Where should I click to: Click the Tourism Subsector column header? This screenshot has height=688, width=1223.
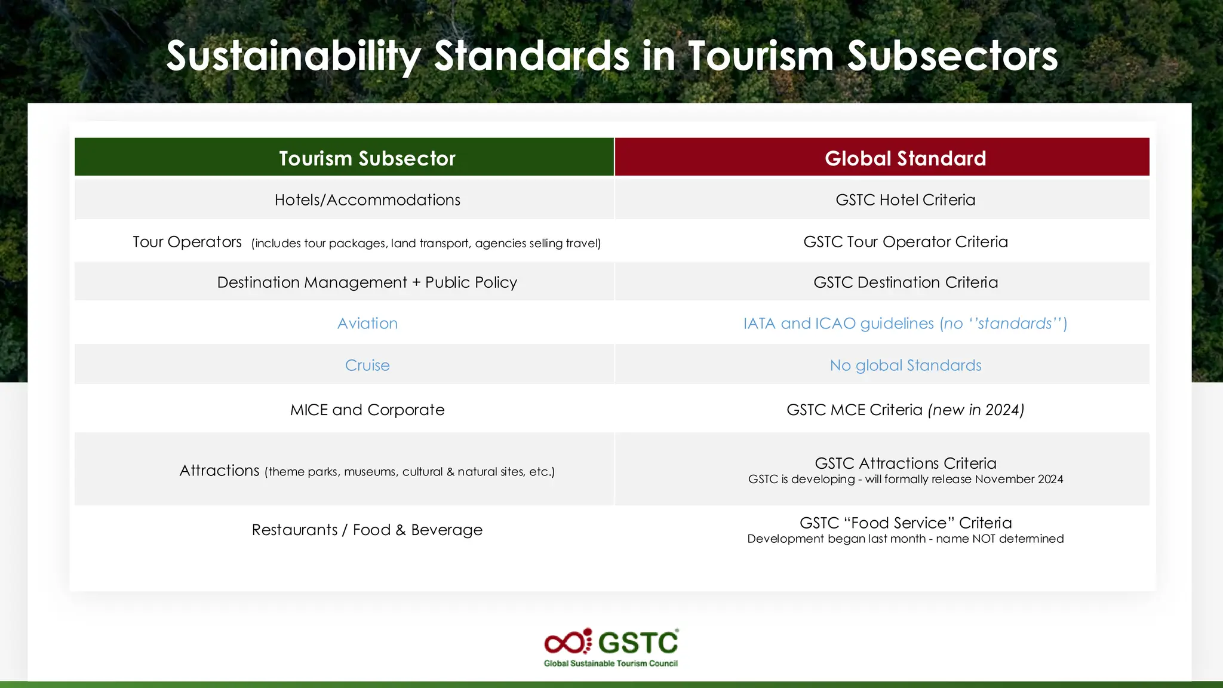(x=367, y=158)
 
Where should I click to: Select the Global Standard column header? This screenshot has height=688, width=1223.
(x=905, y=158)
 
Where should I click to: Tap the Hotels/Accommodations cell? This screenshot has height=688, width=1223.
(x=367, y=200)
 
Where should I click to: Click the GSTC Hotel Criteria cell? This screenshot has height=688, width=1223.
(x=905, y=200)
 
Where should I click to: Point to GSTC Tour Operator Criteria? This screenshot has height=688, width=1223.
(x=905, y=242)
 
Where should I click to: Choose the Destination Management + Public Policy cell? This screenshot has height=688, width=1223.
(x=367, y=282)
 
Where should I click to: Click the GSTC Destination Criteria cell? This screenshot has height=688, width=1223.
(x=905, y=282)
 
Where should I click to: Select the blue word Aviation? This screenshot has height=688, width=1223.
(x=367, y=324)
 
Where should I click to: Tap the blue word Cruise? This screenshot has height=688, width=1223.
(x=367, y=365)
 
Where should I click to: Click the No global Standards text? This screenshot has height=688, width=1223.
(x=905, y=365)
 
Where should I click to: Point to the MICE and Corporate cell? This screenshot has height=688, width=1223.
(x=367, y=410)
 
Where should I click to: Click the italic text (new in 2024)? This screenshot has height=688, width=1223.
(x=976, y=410)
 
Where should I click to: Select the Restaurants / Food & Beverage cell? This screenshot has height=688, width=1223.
(x=367, y=530)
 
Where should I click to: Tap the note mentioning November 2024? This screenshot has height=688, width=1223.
(x=905, y=480)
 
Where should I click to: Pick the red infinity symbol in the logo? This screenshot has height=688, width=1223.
(x=565, y=643)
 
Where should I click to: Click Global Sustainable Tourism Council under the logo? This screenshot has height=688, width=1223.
(x=610, y=664)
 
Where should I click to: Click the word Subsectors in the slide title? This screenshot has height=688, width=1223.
(x=952, y=56)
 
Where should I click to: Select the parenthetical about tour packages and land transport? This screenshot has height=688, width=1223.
(x=426, y=244)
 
